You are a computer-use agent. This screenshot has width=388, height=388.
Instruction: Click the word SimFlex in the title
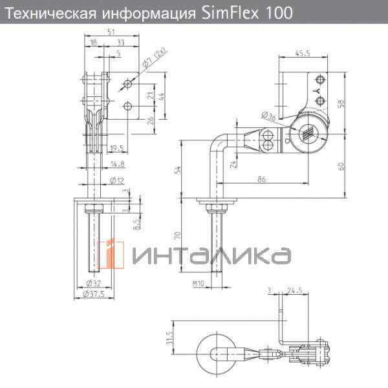(x=230, y=13)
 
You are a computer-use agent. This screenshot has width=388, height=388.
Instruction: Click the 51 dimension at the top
(x=111, y=32)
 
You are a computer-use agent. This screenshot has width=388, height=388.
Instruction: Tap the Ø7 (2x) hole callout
(x=155, y=58)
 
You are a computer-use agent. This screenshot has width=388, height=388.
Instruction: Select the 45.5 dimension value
(x=303, y=53)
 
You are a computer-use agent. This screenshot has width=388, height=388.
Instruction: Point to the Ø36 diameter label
(x=268, y=116)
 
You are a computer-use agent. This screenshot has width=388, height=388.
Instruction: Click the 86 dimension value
(x=261, y=179)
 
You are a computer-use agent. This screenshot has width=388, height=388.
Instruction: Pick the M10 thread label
(x=199, y=284)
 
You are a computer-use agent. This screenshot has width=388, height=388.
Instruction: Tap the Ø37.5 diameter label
(x=94, y=294)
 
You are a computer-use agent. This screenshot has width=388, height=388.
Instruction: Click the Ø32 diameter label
(x=94, y=283)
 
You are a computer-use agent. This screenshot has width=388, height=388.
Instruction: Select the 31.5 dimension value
(x=169, y=338)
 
